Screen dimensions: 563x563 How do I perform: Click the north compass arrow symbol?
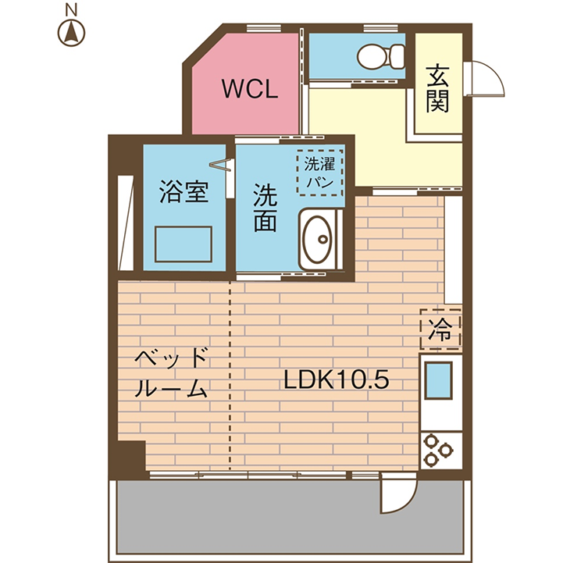72,34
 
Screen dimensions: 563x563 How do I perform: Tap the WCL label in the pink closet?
250,88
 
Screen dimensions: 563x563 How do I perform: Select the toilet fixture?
380,56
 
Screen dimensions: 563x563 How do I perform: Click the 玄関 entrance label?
438,88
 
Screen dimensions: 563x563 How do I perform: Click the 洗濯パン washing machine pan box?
320,173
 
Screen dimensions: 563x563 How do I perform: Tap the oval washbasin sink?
317,240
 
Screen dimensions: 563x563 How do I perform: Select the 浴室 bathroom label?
184,191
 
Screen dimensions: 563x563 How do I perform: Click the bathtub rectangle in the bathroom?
184,244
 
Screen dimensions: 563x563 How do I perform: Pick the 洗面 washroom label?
265,208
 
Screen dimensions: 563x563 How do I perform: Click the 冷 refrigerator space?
440,330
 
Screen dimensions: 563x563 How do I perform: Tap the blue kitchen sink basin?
438,380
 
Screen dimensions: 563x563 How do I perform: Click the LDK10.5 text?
337,379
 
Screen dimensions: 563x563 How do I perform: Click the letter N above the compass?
72,11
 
